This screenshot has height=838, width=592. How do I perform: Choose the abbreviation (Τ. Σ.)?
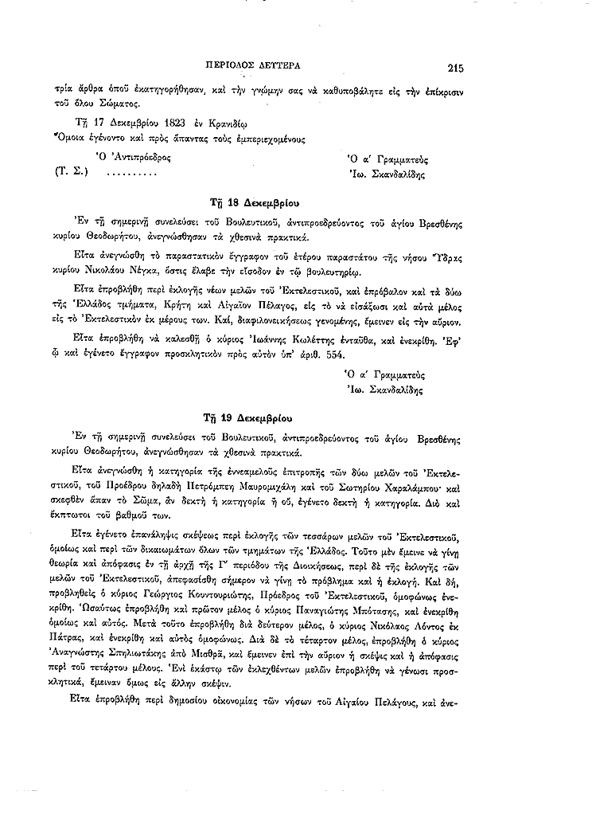[71, 172]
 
